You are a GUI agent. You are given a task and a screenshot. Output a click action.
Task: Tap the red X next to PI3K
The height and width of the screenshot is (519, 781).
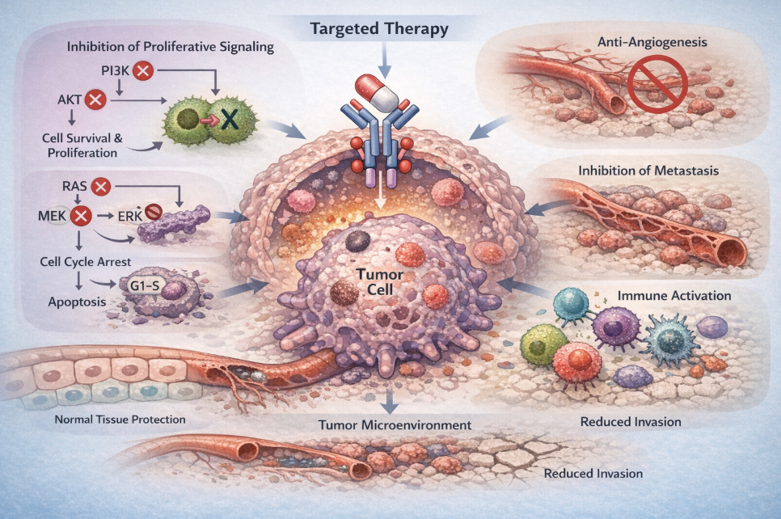[x=142, y=71]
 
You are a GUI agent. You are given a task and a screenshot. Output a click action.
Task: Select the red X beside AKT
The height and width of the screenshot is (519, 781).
[x=95, y=101]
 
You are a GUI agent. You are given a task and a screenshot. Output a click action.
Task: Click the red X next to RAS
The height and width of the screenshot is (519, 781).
[x=101, y=188]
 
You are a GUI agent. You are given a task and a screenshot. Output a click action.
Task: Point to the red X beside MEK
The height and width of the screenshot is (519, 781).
[x=80, y=216]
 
